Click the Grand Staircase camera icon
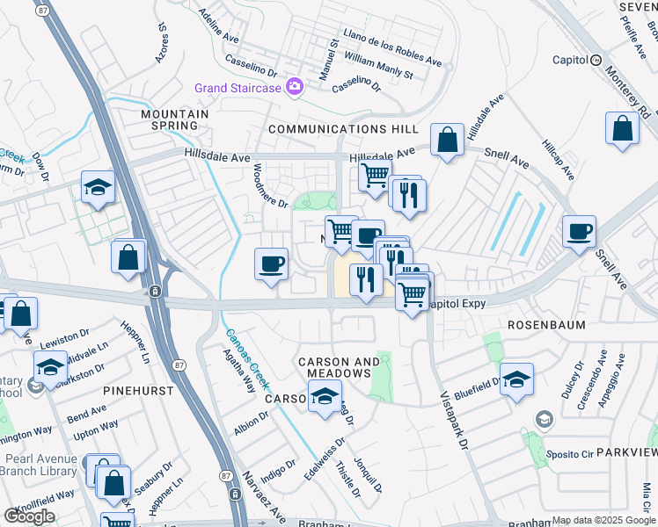294,88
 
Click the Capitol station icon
596,61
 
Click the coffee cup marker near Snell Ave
579,233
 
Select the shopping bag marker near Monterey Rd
622,127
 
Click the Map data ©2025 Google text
603,520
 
